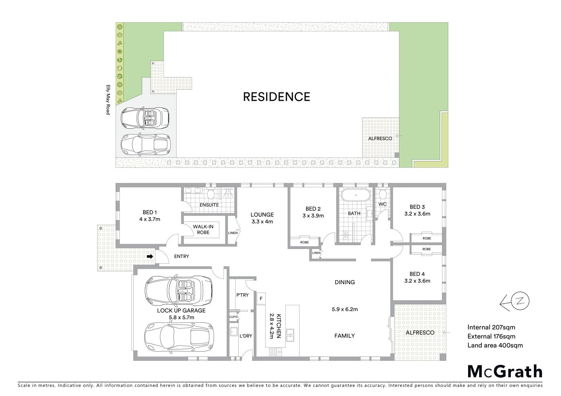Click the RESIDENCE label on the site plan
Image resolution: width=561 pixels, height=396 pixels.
(x=276, y=97)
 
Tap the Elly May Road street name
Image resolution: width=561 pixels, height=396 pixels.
(x=108, y=100)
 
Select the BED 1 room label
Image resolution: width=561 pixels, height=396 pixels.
(x=150, y=212)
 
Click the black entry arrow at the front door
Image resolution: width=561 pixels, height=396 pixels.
(x=150, y=257)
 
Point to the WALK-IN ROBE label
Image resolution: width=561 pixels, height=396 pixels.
(x=203, y=230)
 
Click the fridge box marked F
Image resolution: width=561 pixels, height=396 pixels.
(x=261, y=298)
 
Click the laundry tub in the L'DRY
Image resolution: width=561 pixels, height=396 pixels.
(x=234, y=332)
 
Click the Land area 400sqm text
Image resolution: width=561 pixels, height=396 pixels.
(x=495, y=345)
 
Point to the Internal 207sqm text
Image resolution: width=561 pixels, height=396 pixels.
(x=491, y=327)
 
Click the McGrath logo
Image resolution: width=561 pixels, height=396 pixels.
(x=504, y=371)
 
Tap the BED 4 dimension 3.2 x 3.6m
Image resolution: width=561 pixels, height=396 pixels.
(x=417, y=281)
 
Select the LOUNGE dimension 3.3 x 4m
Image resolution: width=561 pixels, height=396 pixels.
(x=262, y=221)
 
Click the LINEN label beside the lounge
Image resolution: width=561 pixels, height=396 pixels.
(x=233, y=233)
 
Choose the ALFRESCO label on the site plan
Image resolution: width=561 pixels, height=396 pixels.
(x=380, y=139)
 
